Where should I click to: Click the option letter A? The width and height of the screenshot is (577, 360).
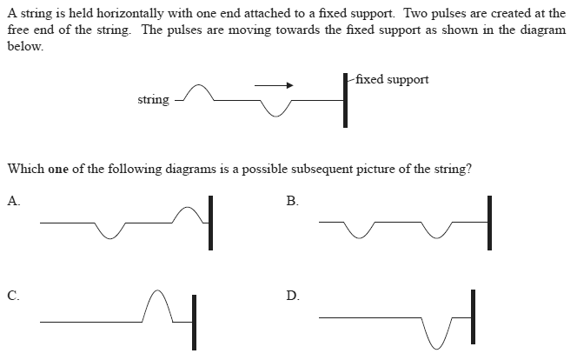(13, 201)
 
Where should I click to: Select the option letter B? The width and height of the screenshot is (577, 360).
(292, 201)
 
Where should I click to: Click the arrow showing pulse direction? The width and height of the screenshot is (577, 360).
(274, 85)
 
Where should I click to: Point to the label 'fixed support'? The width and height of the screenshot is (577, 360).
(392, 79)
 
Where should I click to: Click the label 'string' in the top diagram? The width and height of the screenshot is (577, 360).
(154, 100)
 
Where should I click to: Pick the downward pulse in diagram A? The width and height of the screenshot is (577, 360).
(110, 230)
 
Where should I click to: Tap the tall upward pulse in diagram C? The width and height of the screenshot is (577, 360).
(157, 304)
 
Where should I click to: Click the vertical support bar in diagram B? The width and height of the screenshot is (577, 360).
(488, 223)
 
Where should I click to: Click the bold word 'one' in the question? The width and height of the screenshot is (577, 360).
(58, 169)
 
